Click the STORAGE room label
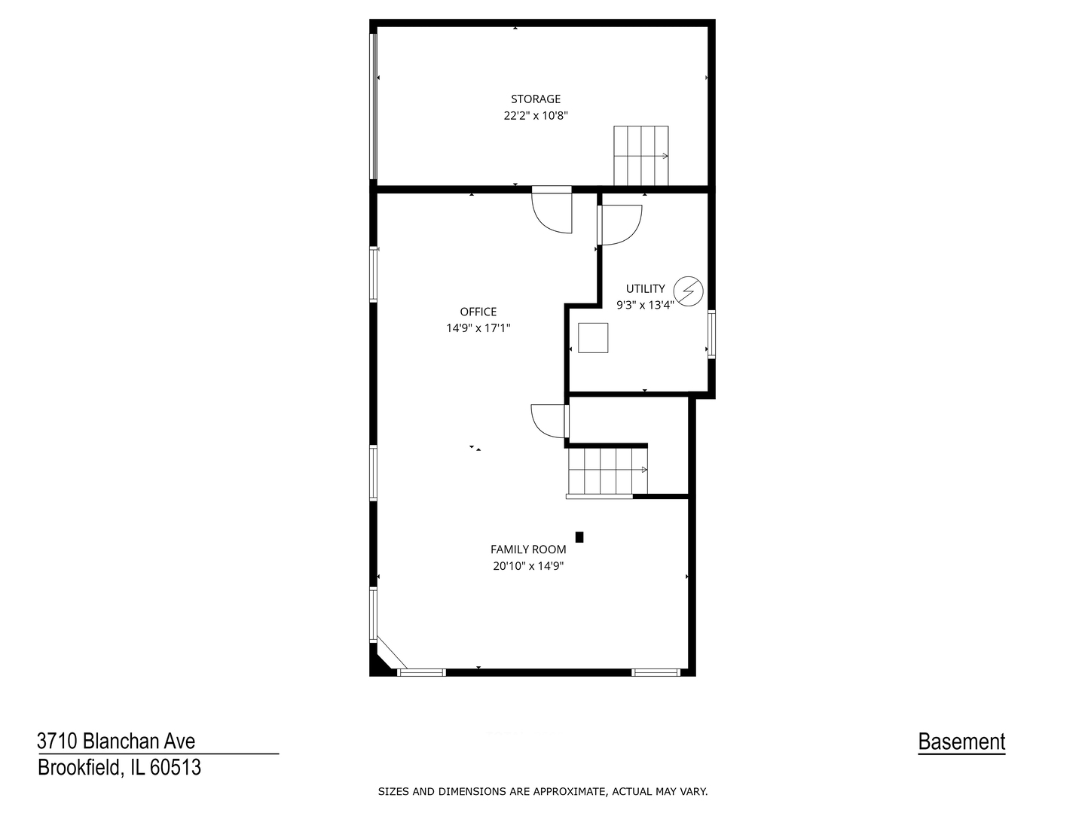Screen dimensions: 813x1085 pos(536,99)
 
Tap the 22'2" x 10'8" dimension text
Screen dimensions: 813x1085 pos(536,116)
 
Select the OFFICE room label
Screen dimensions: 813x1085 pos(478,312)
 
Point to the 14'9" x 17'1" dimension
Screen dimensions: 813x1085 pos(478,328)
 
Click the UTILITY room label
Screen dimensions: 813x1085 pos(646,288)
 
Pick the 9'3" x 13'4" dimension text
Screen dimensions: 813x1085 pos(645,305)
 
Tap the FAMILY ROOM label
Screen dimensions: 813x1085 pos(528,550)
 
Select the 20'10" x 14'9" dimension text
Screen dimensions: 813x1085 pos(528,566)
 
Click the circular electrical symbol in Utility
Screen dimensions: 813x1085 pos(688,290)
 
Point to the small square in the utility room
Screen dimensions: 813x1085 pos(593,337)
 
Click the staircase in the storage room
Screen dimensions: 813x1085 pos(640,155)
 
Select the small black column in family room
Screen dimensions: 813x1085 pos(579,537)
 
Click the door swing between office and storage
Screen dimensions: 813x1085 pos(552,212)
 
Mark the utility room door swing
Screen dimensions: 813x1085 pos(619,224)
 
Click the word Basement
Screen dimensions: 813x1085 pos(961,742)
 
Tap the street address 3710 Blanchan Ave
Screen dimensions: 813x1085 pos(116,741)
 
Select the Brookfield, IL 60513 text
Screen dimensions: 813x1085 pos(119,768)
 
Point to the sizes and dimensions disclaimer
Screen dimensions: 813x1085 pos(542,791)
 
